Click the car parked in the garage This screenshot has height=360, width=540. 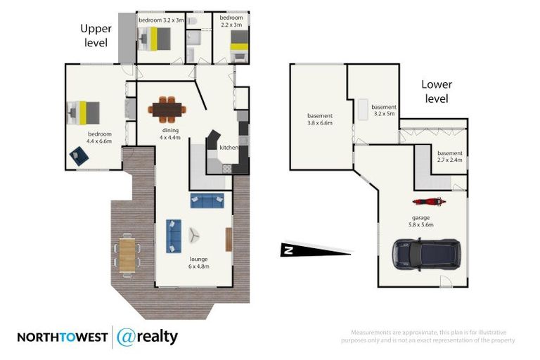426,255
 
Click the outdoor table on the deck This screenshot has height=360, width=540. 127,254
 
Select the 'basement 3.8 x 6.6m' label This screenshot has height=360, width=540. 320,119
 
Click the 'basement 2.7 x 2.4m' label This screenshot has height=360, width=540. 450,156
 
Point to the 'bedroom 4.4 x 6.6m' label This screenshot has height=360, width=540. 100,136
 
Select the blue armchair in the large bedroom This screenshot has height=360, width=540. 79,157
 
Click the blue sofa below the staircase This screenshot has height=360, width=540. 207,201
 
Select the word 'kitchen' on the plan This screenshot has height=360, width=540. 229,148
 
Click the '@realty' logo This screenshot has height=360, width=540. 147,337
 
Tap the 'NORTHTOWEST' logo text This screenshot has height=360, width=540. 62,337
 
